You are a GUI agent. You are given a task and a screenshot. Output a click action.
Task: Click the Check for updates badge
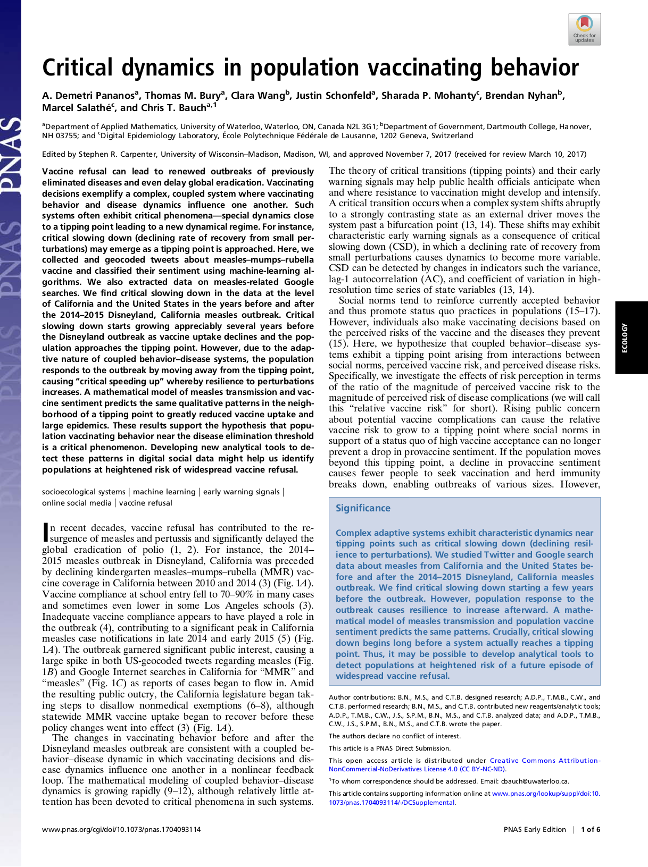[x=584, y=30]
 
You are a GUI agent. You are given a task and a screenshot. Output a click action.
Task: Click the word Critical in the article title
[x=78, y=68]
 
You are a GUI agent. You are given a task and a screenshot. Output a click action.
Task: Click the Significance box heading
[x=363, y=508]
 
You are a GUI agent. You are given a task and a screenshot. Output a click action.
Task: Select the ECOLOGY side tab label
[x=625, y=338]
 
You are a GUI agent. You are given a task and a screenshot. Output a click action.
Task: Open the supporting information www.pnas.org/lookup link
[x=545, y=794]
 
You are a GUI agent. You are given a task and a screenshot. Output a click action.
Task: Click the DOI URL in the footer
[x=121, y=829]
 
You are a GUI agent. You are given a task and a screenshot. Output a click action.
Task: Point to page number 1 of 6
[x=590, y=829]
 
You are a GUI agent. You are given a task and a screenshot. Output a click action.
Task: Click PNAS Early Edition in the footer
[x=534, y=829]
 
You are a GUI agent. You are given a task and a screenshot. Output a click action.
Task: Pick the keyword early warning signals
[x=241, y=492]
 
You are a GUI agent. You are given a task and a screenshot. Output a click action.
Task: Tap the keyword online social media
[x=77, y=503]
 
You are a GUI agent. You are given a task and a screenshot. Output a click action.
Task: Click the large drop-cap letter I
[x=45, y=533]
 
